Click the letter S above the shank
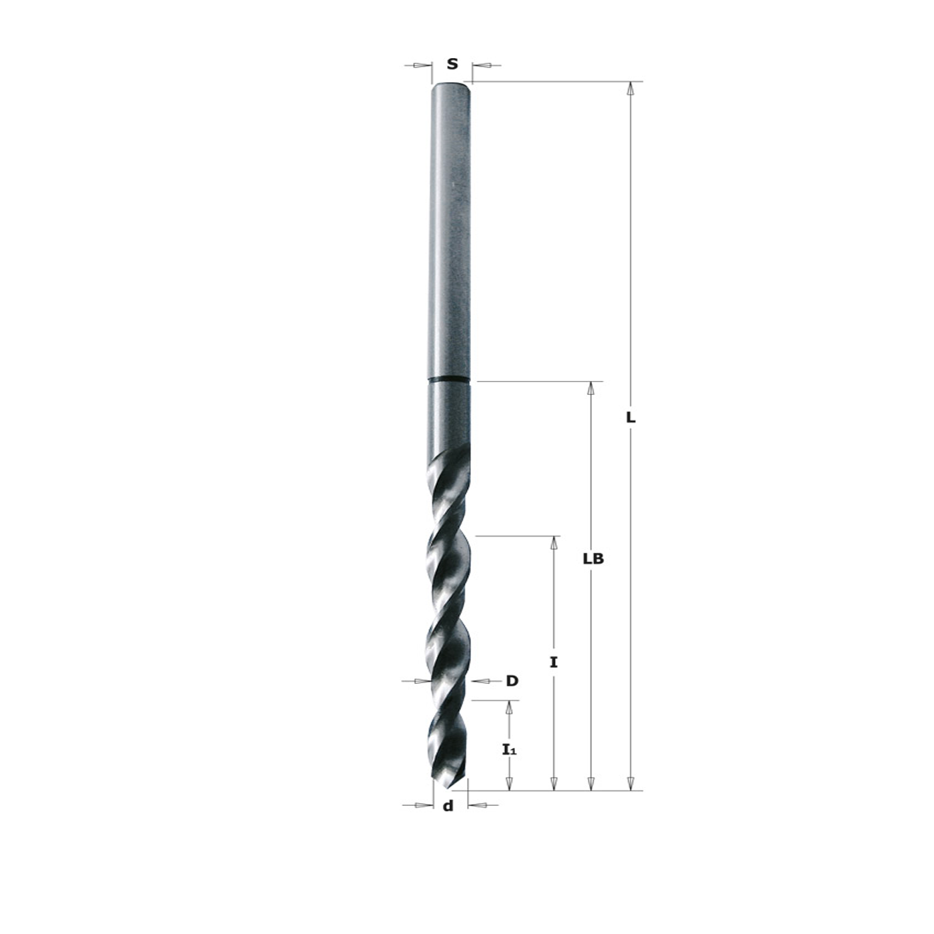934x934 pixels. tap(452, 64)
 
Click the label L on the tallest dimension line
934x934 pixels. tap(630, 418)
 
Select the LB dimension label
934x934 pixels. tap(593, 559)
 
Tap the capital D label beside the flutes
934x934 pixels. tap(512, 681)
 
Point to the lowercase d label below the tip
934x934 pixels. tap(449, 805)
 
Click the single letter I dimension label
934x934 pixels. tap(554, 662)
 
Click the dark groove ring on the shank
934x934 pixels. tap(449, 380)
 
